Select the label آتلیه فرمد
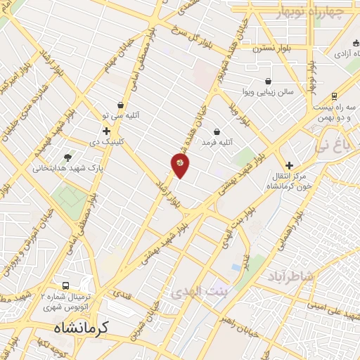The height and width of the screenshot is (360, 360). point(217,143)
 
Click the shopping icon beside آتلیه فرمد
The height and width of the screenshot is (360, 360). point(217,131)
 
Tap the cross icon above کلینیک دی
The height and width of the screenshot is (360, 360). point(106,131)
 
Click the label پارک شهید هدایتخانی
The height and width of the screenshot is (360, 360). point(67,168)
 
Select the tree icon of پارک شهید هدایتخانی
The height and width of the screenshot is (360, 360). point(67,157)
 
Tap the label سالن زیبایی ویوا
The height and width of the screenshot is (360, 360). point(268,92)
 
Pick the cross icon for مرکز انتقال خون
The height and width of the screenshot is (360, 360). point(289,165)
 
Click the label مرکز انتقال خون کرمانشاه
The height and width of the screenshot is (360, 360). point(289,181)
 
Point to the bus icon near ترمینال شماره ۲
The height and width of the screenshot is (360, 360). point(65,285)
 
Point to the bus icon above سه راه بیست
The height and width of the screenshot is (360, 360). point(333,96)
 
